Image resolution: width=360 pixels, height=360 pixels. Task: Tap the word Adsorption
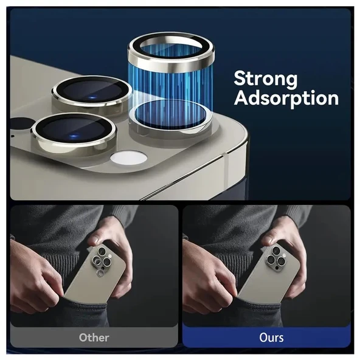286,98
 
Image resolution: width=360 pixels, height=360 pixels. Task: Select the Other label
94,337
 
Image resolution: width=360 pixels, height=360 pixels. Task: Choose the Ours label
271,337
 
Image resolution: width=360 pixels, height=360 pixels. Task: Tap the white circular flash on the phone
128,158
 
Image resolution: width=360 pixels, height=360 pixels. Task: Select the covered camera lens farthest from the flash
92,91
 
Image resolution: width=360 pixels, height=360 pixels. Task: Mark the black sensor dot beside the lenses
20,125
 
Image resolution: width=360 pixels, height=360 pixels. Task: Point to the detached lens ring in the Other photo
100,273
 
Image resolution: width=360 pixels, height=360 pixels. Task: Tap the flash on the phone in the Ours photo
284,255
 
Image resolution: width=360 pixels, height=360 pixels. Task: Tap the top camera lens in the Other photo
102,251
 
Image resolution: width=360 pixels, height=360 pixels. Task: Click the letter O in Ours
263,337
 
